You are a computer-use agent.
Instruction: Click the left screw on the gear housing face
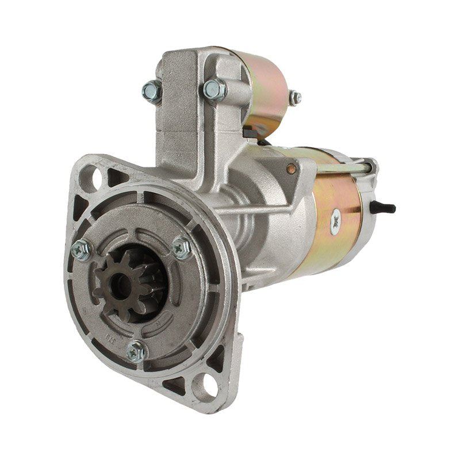pyautogui.click(x=81, y=249)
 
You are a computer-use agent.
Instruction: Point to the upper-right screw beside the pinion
pyautogui.click(x=182, y=247)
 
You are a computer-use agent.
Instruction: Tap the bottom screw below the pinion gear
pyautogui.click(x=136, y=350)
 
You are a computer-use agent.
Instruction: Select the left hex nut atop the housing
pyautogui.click(x=152, y=90)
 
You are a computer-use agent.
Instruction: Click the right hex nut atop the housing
pyautogui.click(x=213, y=89)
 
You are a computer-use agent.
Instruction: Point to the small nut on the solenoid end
pyautogui.click(x=294, y=98)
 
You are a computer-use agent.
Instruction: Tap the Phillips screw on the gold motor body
pyautogui.click(x=335, y=221)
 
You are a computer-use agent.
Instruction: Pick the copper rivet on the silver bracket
pyautogui.click(x=292, y=168)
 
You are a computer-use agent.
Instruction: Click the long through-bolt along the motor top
pyautogui.click(x=345, y=168)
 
